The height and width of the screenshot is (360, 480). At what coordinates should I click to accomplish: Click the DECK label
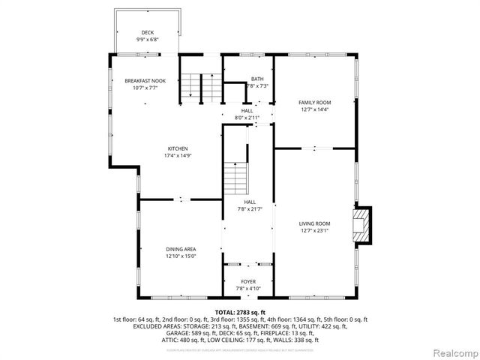point(148,32)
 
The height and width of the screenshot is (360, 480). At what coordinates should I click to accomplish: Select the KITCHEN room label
point(177,148)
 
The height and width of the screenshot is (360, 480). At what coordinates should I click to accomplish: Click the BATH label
point(257,79)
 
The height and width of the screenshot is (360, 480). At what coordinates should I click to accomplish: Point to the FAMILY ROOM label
point(314,102)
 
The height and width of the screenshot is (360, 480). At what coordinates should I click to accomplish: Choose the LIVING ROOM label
point(314,223)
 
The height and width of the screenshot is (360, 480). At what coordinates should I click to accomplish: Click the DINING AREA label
point(181,249)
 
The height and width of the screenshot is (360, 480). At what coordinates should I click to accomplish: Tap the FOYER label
point(248,281)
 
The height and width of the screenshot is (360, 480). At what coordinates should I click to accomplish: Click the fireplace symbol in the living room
point(363,226)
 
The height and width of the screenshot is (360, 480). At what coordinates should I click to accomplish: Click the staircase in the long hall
point(235,178)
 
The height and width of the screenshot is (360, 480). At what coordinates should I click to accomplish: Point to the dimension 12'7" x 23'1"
point(314,231)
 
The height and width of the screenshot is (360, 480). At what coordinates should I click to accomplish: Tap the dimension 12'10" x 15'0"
point(181,256)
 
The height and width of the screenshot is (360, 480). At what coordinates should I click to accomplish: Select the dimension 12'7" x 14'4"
point(314,109)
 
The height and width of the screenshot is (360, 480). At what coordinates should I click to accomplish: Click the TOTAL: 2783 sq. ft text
point(240,311)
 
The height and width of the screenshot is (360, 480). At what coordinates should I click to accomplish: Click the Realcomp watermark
point(452,352)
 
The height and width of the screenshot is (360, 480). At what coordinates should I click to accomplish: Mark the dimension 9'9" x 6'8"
point(148,39)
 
